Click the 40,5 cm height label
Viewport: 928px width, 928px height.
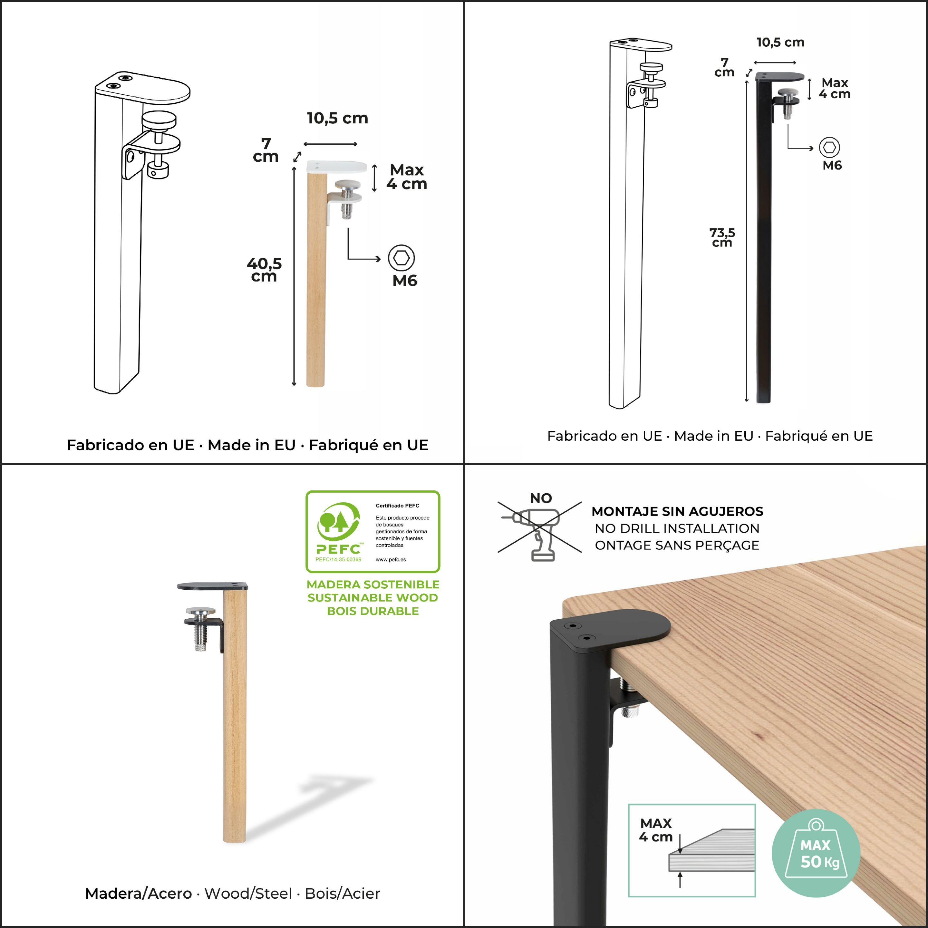[264, 269]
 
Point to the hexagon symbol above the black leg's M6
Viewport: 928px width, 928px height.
[829, 147]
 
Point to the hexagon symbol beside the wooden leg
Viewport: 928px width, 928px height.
[401, 258]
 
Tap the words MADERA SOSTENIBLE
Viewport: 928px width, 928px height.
[373, 585]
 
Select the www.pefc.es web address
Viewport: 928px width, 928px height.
[391, 560]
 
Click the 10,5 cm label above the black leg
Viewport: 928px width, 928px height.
[780, 42]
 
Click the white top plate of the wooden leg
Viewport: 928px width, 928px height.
[336, 167]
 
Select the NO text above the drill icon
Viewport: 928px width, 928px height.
[541, 498]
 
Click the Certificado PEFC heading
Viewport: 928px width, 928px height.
[397, 506]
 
